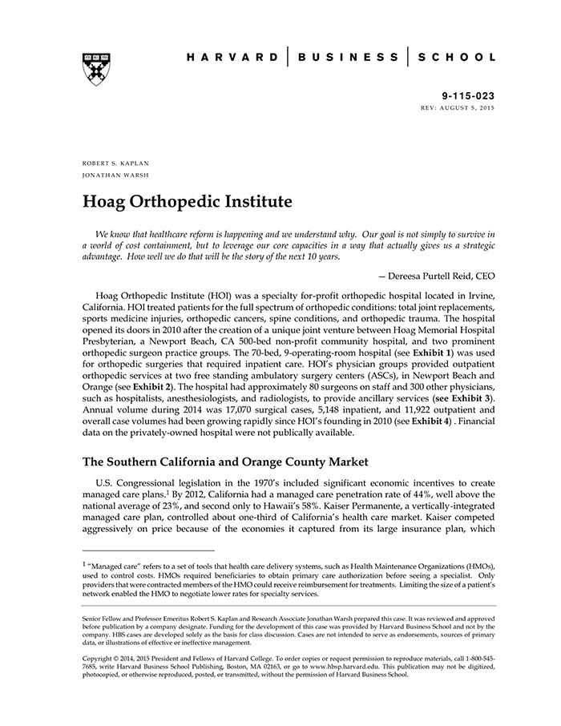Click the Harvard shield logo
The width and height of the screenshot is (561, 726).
click(96, 69)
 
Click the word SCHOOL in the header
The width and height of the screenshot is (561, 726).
click(458, 58)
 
